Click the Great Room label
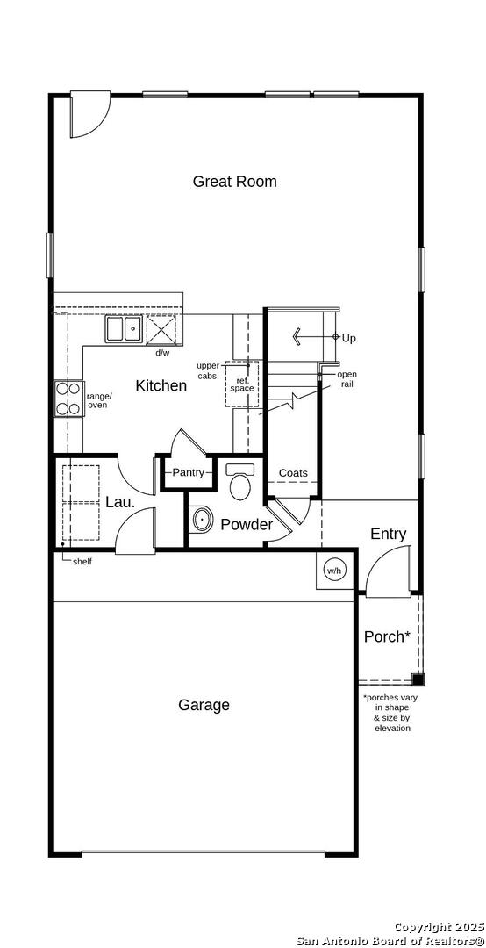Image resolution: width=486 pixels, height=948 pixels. point(234,182)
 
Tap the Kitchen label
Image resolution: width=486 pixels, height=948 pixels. point(161,385)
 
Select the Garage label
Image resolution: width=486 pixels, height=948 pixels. point(204,705)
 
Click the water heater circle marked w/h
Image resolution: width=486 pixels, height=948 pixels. point(334,571)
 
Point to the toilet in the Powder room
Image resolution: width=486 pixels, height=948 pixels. point(240,481)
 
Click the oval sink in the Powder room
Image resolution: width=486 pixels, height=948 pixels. point(201,519)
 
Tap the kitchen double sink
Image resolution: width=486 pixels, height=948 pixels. point(124,329)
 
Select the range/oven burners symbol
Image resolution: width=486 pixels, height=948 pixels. point(68,399)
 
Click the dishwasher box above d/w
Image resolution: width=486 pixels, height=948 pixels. point(161,329)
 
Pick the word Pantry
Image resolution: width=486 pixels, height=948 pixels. point(188,473)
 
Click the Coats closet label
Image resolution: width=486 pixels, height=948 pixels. point(293,473)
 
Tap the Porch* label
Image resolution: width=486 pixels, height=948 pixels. point(388,636)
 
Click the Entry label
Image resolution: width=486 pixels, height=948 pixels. point(388,534)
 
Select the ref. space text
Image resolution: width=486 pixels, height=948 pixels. point(242,384)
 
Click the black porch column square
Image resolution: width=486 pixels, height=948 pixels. point(418,679)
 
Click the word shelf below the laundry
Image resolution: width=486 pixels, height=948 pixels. point(82,562)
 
